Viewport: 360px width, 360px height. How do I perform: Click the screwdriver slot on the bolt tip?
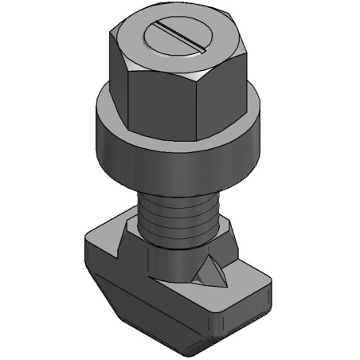tap(181, 38)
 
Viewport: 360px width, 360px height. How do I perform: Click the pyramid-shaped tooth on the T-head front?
tap(210, 272)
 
